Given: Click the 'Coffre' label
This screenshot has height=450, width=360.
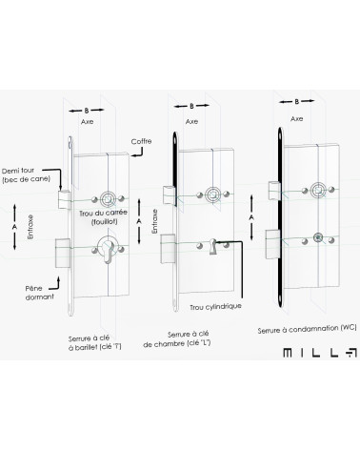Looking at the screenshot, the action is tap(141, 141).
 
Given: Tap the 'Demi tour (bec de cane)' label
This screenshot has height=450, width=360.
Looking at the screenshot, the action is tap(26, 174).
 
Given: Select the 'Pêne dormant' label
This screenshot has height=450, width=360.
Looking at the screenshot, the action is tap(39, 293).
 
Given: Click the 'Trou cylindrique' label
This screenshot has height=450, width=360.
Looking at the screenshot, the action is tap(215, 307).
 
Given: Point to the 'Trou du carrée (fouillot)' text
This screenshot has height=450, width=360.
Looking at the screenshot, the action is tap(103, 217).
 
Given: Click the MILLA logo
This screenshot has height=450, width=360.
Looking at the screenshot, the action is tap(320, 353).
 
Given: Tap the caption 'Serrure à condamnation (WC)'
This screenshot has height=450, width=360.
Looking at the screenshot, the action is tap(307, 329).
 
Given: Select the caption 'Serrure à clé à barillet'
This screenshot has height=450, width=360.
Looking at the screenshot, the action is tap(94, 343).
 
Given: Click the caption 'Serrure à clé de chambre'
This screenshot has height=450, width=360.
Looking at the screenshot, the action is tap(177, 339).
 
